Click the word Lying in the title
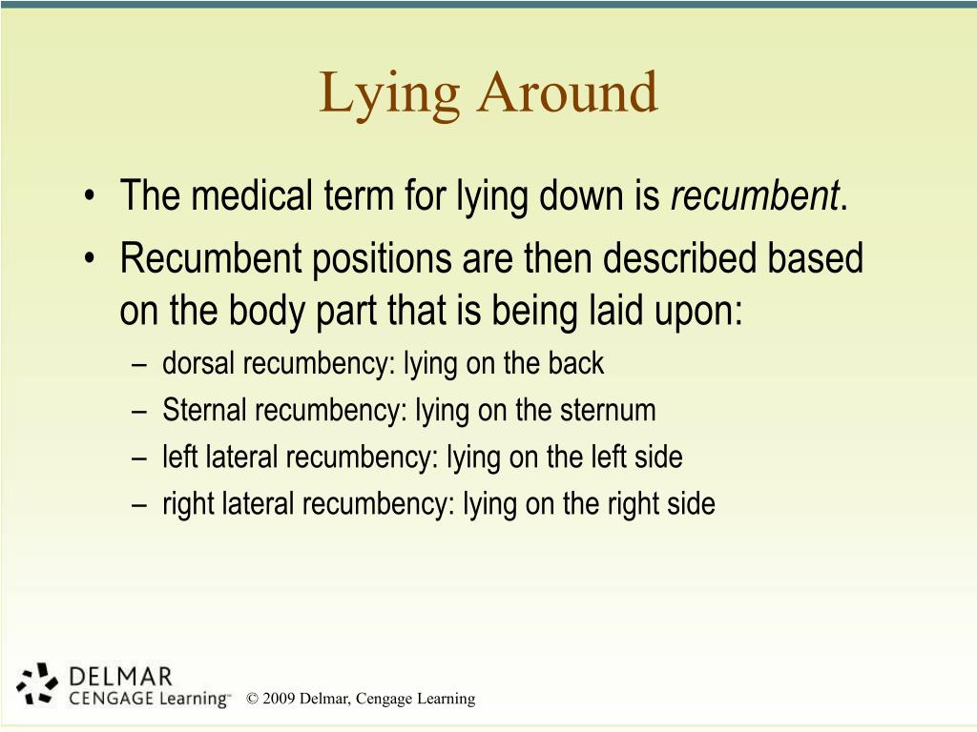[387, 94]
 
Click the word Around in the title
[569, 92]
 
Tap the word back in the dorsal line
[576, 363]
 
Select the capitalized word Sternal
[205, 411]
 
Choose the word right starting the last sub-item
[189, 503]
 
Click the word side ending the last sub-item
[690, 503]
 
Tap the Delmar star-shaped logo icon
[39, 683]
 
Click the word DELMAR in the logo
[121, 677]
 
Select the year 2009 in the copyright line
[279, 699]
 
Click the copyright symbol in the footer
[252, 699]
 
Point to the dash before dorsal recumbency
[141, 364]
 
